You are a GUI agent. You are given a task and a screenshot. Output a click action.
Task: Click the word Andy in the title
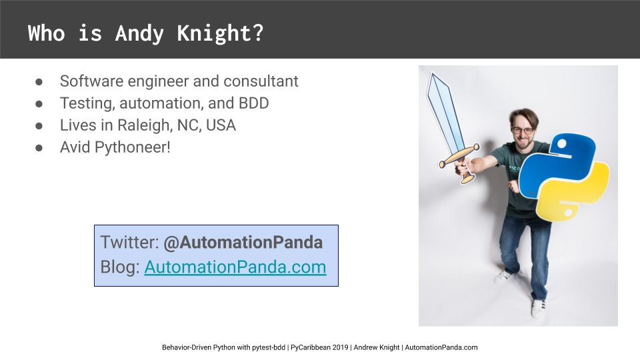[x=139, y=33]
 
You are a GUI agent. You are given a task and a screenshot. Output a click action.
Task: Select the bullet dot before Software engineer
[x=39, y=82]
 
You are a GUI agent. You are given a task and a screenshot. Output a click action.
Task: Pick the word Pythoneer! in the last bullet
[x=132, y=147]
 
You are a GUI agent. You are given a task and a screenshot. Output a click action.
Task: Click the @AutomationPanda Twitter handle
[x=243, y=243]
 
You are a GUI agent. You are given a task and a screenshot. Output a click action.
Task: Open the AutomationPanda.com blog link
[x=235, y=267]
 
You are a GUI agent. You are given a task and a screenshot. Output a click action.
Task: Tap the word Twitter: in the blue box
[x=129, y=243]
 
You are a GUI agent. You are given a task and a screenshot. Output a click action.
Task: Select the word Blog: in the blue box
[x=120, y=267]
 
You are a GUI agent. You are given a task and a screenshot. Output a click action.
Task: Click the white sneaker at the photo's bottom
[x=539, y=309]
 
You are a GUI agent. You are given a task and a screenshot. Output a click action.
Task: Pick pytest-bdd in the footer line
[x=269, y=348]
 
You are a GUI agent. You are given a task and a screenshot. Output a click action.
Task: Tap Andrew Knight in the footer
[x=376, y=347]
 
